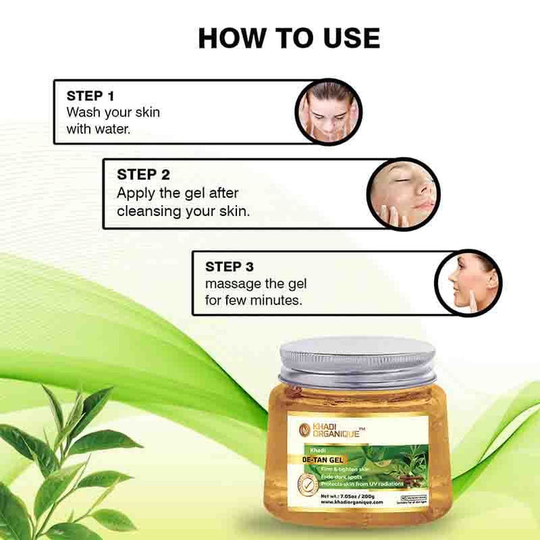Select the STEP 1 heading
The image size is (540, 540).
(94, 96)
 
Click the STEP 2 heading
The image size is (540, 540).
(143, 175)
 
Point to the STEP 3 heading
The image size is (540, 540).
(234, 266)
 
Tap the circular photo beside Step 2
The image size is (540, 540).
(403, 194)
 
